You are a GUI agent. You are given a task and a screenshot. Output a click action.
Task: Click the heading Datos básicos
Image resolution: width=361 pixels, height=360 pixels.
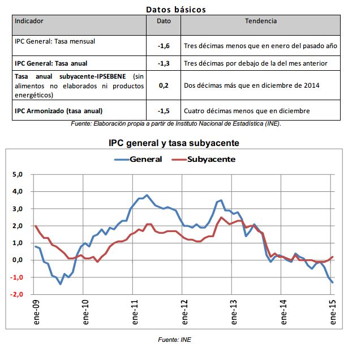coord(175,10)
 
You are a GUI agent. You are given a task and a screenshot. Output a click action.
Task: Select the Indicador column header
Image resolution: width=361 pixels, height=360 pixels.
coord(29,21)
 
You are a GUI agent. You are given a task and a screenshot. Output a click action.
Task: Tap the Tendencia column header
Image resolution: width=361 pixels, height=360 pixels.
coord(261,21)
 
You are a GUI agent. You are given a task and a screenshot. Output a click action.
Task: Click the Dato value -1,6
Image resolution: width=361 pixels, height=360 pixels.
coord(164,43)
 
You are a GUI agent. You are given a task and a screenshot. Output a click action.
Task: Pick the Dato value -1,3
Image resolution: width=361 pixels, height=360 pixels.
coord(164,63)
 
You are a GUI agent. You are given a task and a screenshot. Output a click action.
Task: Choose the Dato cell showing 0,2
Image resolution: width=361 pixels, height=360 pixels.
coord(164,85)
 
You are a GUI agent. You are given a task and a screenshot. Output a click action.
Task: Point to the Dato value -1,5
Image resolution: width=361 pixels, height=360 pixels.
coord(164,110)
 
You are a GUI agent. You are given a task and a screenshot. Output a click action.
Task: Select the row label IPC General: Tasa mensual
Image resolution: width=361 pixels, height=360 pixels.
coord(55,41)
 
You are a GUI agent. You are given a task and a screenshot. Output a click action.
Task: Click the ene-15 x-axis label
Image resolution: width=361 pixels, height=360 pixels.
coord(333,312)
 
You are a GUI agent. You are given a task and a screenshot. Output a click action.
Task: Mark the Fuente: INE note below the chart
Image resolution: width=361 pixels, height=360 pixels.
coord(178,340)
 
